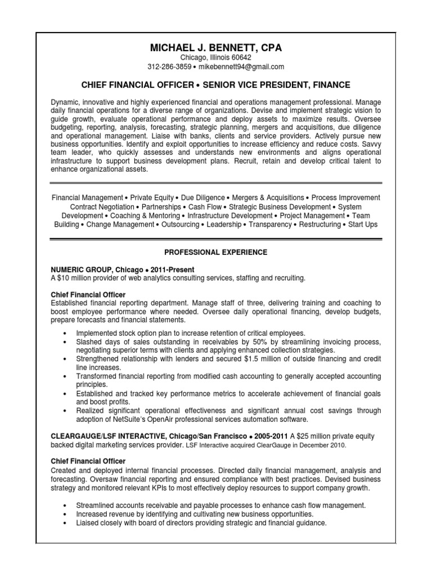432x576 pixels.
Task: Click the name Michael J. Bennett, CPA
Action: (215, 48)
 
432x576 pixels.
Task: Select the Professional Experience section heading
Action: (215, 252)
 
